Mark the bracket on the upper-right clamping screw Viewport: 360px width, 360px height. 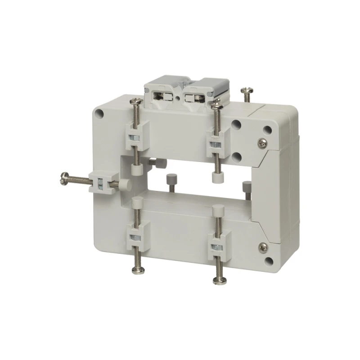(216, 142)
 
